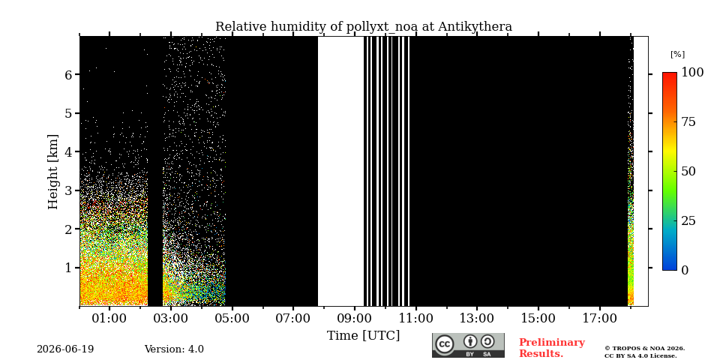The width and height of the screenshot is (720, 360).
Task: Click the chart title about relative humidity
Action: click(364, 27)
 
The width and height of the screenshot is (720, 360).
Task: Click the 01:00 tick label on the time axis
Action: click(109, 318)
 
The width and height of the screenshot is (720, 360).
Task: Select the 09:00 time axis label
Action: click(355, 318)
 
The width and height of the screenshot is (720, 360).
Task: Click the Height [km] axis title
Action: click(53, 172)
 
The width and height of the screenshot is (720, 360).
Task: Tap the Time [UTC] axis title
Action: click(363, 336)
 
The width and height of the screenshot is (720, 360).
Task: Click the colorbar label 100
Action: click(692, 73)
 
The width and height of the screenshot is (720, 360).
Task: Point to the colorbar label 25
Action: click(688, 220)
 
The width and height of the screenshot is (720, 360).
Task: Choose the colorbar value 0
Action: click(685, 271)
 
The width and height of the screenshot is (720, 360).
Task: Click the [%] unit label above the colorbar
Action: click(677, 54)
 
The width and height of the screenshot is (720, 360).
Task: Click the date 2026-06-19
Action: click(65, 349)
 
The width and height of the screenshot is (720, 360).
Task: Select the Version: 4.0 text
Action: click(174, 349)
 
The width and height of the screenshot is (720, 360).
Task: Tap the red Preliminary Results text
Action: click(551, 348)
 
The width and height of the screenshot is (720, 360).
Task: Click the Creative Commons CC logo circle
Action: click(445, 344)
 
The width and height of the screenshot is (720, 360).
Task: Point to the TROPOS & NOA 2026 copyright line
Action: click(645, 349)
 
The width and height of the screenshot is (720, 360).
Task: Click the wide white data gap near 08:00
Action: click(340, 171)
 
